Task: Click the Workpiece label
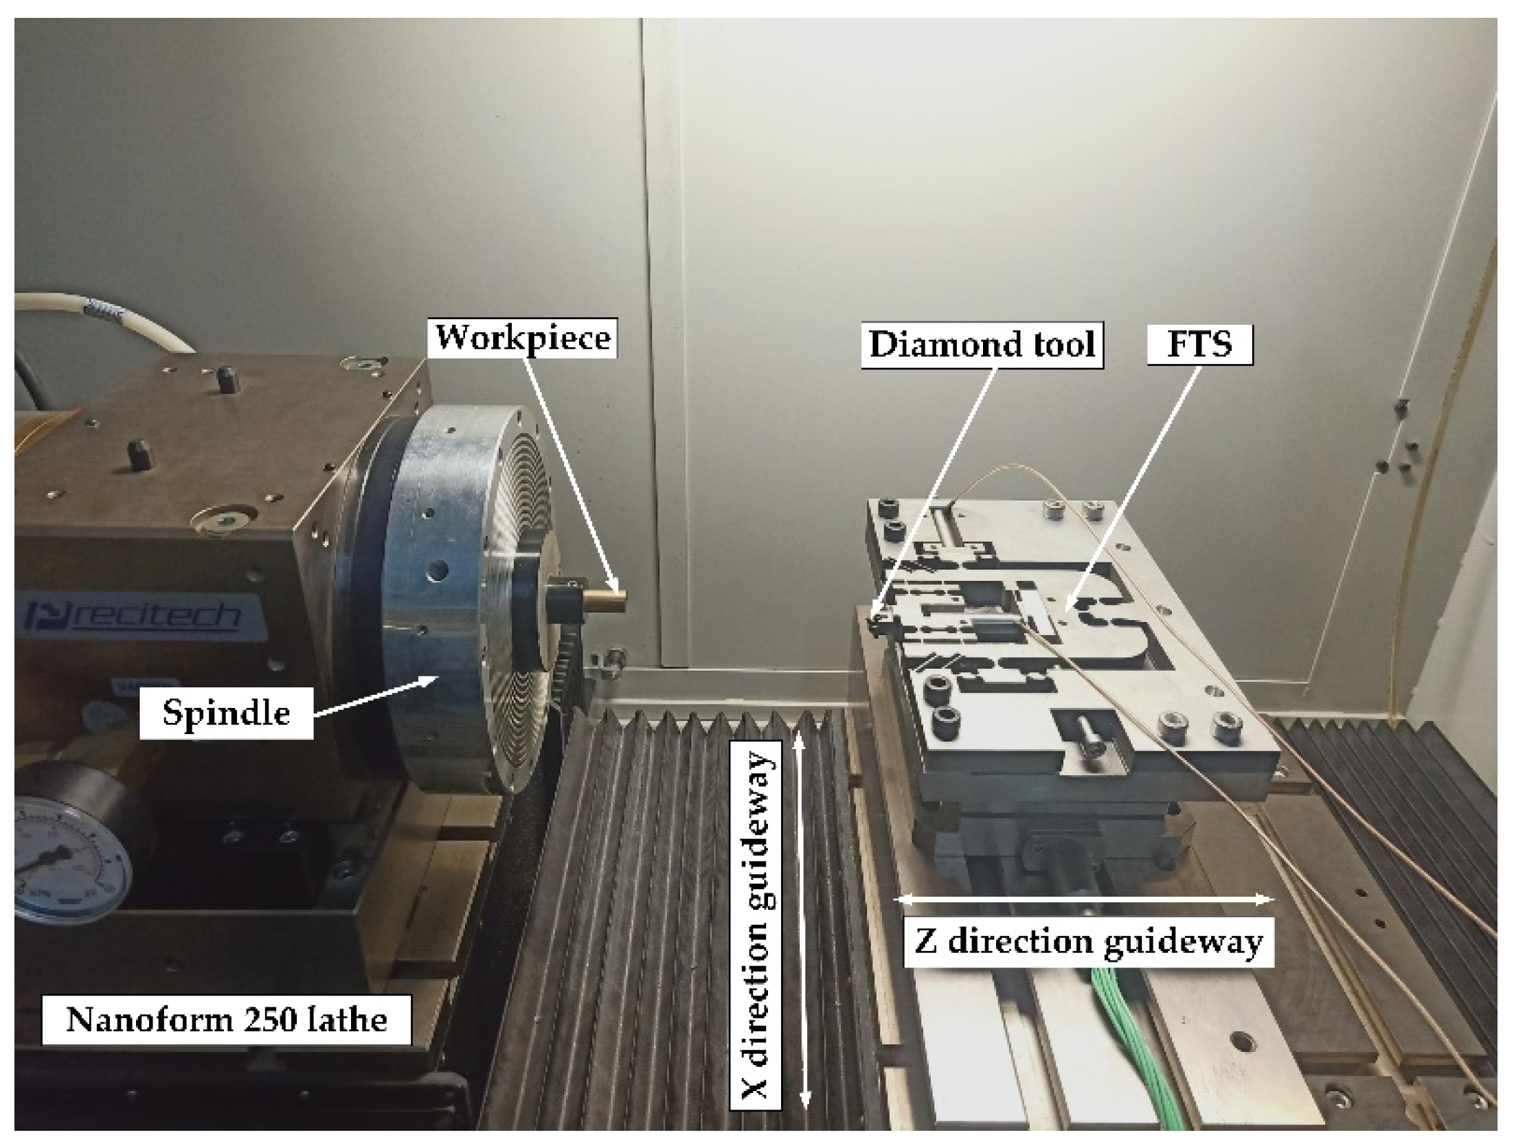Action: (523, 338)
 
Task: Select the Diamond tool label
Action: (982, 344)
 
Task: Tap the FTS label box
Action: (1199, 344)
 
